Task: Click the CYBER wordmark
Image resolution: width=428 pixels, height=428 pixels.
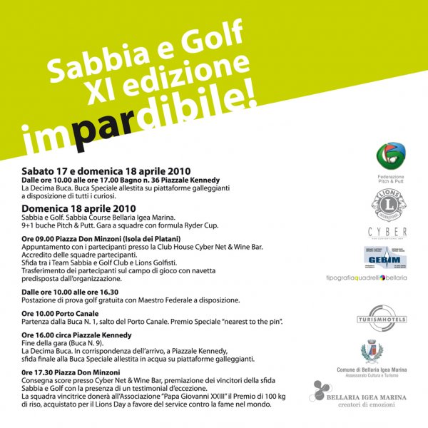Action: tap(387, 232)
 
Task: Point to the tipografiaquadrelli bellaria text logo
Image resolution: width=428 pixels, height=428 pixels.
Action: tap(376, 277)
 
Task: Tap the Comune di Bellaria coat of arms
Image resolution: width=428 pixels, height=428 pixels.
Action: tap(372, 352)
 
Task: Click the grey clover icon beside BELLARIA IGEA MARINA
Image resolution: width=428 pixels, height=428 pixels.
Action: tap(321, 392)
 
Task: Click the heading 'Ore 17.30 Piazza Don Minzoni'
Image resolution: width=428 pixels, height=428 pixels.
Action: tap(81, 372)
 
